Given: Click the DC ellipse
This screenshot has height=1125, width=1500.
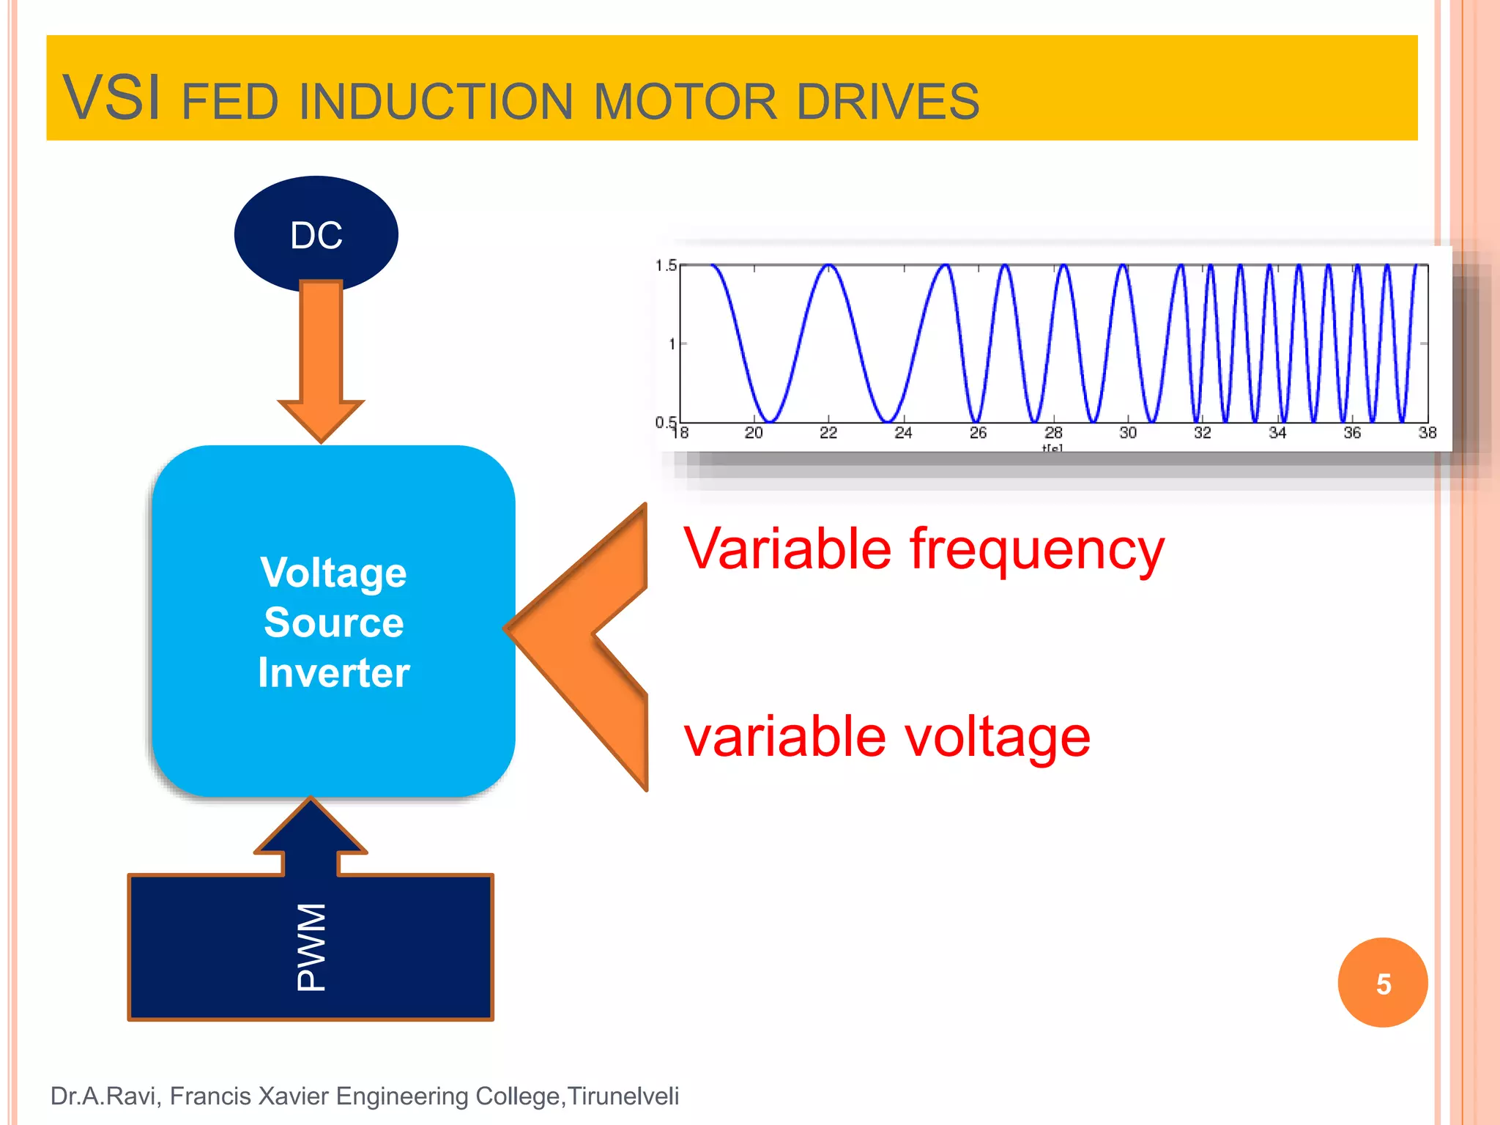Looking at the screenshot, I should (x=316, y=234).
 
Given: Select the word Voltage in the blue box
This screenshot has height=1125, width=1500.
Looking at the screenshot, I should (x=333, y=573).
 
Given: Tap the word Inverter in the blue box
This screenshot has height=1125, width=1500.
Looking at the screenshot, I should (x=333, y=672).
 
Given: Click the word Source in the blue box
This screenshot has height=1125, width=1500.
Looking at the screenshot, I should (x=333, y=623).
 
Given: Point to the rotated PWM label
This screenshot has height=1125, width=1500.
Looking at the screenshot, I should (x=311, y=946).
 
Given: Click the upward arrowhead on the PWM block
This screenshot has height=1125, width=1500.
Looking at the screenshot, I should (x=311, y=828).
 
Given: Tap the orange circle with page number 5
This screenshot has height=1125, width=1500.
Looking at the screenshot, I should (x=1382, y=983).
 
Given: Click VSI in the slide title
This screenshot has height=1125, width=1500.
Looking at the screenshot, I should (x=111, y=98).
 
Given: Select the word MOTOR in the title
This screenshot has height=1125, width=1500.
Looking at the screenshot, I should (x=685, y=102).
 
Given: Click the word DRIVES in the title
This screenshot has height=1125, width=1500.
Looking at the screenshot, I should (x=888, y=102).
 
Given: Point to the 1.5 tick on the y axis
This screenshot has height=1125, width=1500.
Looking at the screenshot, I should (x=666, y=265).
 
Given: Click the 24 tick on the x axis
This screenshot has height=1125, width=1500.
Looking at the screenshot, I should (x=903, y=433).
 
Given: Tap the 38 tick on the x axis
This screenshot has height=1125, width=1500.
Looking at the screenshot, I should (x=1427, y=433).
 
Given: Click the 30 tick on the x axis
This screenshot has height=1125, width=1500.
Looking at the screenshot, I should (x=1127, y=433).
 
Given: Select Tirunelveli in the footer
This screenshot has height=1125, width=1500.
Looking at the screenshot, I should (x=623, y=1096).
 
